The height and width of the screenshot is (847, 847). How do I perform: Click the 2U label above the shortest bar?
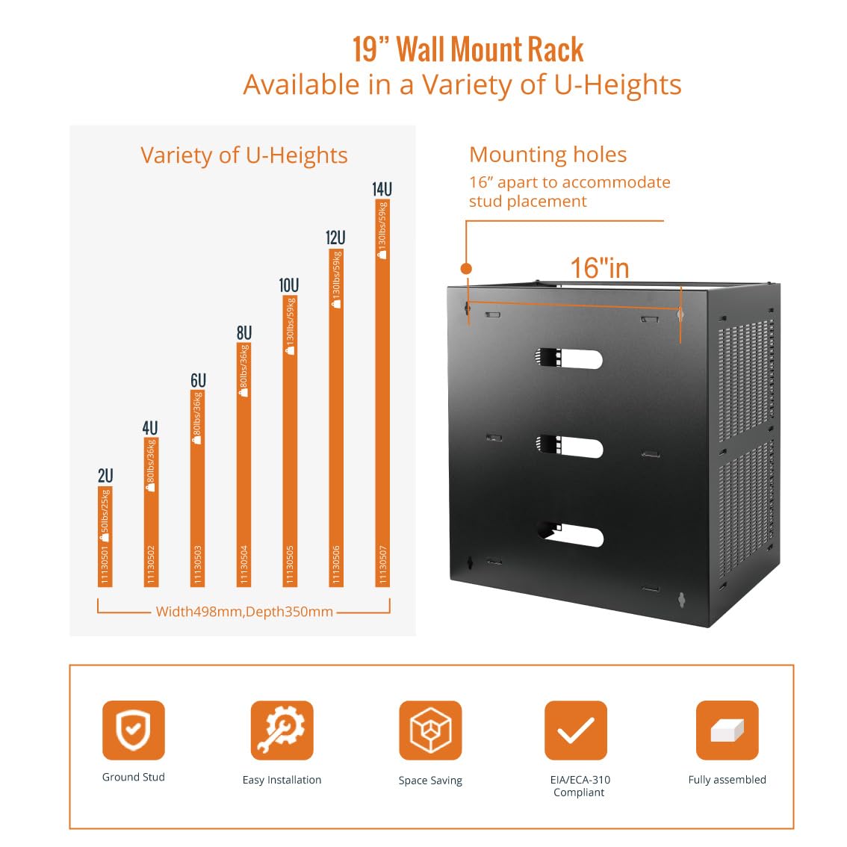105,476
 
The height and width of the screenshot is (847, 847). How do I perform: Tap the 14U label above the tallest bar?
382,189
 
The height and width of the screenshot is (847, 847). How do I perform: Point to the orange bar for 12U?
336,418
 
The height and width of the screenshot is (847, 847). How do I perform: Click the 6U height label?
197,380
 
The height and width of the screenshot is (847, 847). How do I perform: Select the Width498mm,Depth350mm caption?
244,612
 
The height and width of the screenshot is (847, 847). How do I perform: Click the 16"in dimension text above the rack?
600,268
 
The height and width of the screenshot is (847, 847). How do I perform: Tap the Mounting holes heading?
547,155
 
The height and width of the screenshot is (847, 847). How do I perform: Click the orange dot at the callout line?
466,268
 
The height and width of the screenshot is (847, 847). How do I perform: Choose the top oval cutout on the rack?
569,359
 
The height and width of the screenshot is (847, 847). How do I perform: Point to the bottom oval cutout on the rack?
570,535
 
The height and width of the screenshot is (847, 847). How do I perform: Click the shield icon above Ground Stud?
133,730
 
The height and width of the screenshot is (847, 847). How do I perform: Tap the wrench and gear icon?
282,730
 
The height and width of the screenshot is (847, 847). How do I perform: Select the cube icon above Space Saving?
430,730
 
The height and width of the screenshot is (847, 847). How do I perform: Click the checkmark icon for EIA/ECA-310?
576,730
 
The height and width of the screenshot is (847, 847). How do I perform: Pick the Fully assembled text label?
727,780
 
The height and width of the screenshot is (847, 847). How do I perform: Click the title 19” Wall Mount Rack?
468,50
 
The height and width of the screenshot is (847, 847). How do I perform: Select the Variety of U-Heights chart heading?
244,155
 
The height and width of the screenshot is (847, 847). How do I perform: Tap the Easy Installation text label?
282,780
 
